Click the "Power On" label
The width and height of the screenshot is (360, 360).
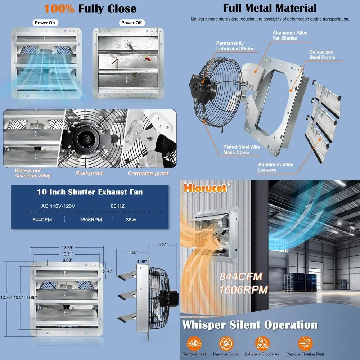click(x=45, y=23)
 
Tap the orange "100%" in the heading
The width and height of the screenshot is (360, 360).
click(x=59, y=9)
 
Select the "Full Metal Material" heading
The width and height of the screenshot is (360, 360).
click(x=270, y=8)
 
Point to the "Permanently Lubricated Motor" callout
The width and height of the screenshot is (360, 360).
click(x=235, y=46)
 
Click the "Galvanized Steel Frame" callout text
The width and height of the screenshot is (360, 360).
click(x=322, y=54)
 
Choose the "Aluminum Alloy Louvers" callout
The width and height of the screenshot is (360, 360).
click(x=275, y=167)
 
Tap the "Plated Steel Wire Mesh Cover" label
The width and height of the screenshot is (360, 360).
click(x=241, y=149)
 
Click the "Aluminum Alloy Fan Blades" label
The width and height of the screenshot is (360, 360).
click(x=289, y=35)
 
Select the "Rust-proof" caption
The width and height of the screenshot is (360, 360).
click(x=89, y=173)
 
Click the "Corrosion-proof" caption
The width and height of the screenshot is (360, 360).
click(x=148, y=174)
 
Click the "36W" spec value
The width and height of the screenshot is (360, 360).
click(x=131, y=220)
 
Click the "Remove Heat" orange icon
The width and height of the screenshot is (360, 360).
click(x=194, y=343)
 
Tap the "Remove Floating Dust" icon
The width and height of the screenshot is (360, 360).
click(x=305, y=343)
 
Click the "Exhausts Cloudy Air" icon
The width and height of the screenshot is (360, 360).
click(x=262, y=343)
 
